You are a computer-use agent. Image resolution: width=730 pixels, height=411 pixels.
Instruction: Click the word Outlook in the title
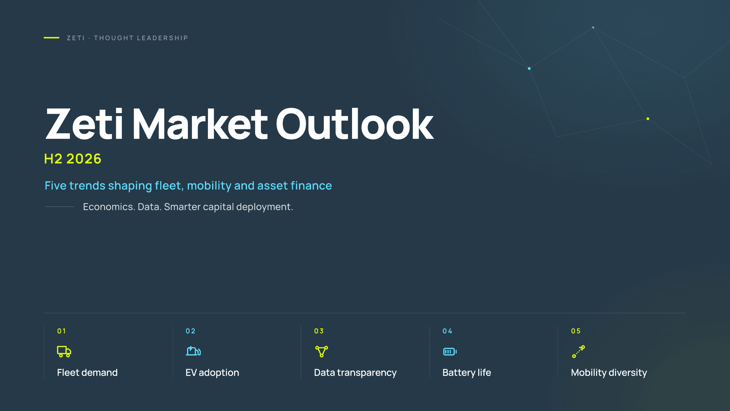354,124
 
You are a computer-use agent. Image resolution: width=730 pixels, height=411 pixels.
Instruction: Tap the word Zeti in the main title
84,124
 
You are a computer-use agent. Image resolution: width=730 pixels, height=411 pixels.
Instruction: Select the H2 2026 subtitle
73,159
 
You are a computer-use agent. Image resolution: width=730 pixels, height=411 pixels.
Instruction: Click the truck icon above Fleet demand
64,351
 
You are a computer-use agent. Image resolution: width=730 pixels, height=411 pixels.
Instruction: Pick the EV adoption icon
193,350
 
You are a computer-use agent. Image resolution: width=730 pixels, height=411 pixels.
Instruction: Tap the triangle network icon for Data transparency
322,351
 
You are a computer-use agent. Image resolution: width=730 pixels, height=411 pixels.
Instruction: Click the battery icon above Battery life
450,352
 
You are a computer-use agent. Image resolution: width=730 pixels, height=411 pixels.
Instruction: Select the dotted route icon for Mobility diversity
578,352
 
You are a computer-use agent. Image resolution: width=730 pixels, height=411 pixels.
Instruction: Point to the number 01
62,331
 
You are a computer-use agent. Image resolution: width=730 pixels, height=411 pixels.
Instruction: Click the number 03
319,331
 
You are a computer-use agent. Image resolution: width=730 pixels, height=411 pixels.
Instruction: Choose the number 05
576,331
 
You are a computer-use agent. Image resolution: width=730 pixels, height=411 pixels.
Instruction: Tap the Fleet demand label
87,373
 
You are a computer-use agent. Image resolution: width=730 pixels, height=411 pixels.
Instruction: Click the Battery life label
467,373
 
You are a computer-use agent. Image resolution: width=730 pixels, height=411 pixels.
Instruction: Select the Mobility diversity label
609,373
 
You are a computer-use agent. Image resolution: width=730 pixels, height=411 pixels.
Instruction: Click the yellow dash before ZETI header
51,38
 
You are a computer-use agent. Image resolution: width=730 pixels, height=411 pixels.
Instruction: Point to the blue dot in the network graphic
529,68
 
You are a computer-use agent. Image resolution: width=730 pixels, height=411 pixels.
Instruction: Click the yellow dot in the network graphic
648,119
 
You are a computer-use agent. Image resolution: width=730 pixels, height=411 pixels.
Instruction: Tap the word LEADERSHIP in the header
162,38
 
